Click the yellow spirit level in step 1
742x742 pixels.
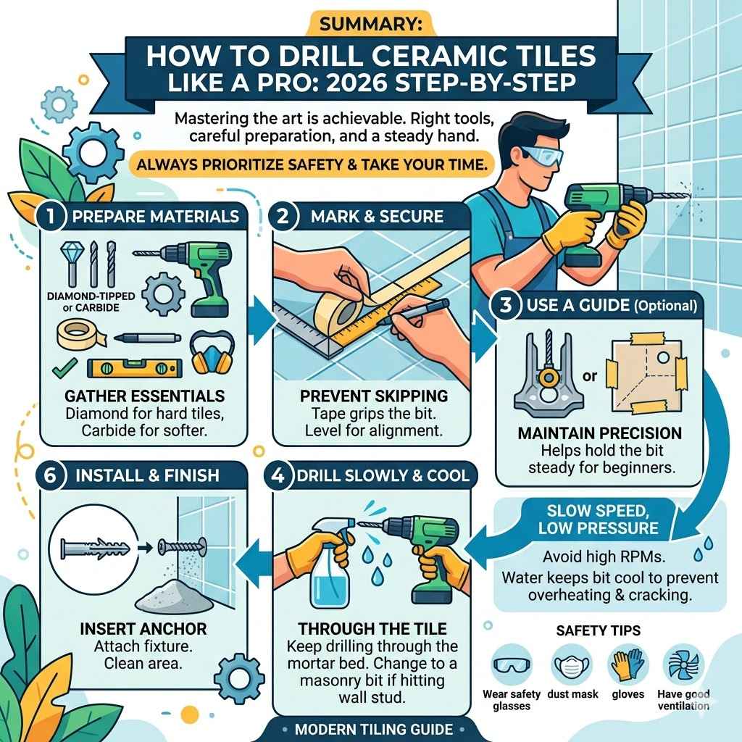pyautogui.click(x=130, y=368)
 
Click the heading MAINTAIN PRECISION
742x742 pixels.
pyautogui.click(x=599, y=433)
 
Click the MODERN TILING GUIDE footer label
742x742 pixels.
pyautogui.click(x=375, y=729)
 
